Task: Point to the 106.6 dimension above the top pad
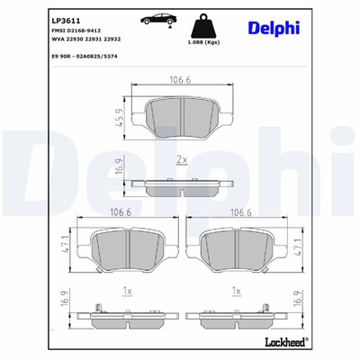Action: pos(181,80)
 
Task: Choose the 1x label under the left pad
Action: pos(129,291)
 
